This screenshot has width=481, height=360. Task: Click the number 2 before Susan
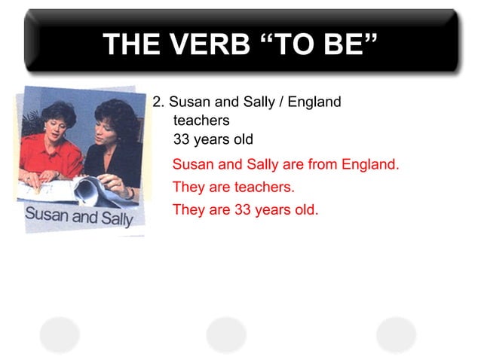coord(157,102)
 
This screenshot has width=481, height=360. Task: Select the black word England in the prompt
coord(316,102)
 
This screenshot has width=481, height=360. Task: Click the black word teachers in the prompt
coord(201,121)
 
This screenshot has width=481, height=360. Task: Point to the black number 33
coord(182,139)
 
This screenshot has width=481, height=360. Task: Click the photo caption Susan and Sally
coord(78,215)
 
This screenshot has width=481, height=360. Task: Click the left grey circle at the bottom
coord(60,334)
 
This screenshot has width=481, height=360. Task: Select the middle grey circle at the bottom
coord(226,334)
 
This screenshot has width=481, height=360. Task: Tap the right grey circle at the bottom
coord(396,334)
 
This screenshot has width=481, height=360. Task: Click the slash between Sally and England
coord(282,102)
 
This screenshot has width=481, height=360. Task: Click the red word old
coord(306,209)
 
